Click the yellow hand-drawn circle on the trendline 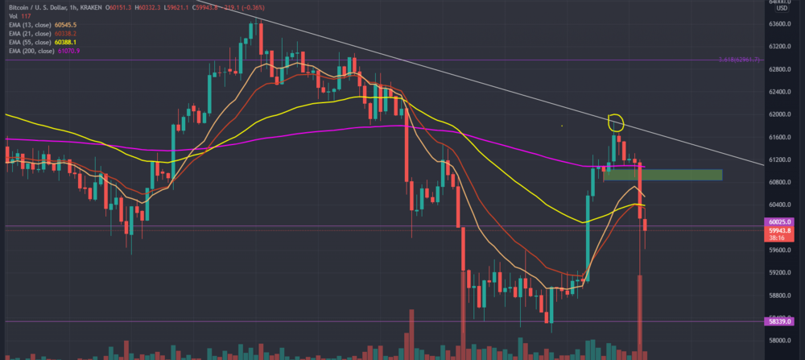616,122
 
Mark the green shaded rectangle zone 662,174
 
